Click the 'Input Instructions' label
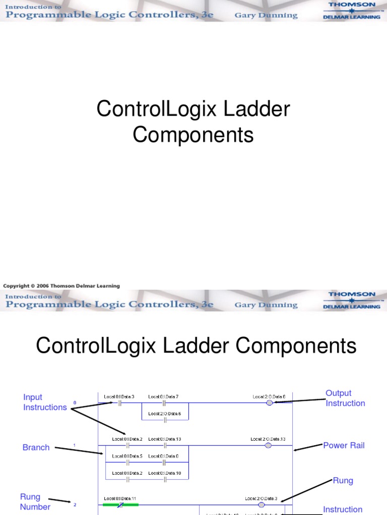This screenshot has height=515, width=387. pos(45,402)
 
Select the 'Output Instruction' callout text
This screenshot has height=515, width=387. pos(345,398)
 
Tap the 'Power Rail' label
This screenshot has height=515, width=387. pos(344,445)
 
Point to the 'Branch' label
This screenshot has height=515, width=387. pos(36,447)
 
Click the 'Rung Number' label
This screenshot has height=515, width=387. pos(35,502)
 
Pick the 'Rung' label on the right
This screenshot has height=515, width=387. pos(343,480)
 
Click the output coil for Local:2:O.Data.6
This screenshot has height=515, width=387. pos(269,403)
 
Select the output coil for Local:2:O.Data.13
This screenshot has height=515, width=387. pos(268,445)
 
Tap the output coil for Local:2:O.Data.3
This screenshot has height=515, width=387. pos(261,504)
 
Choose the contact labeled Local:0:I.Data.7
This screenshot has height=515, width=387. pos(164,403)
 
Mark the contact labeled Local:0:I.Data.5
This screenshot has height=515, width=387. pos(127,462)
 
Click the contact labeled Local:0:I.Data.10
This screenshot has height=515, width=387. pos(165,479)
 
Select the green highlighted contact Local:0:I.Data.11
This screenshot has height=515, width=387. pos(120,504)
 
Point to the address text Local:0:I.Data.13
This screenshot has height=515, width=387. pos(164,439)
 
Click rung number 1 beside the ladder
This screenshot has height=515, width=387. pos(75,445)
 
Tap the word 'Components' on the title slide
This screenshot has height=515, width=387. pos(193,135)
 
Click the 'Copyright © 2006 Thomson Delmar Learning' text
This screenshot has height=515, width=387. pos(61,286)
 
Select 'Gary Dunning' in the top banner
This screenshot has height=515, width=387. pos(266,15)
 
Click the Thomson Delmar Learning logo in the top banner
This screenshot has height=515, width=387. pos(352,10)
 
